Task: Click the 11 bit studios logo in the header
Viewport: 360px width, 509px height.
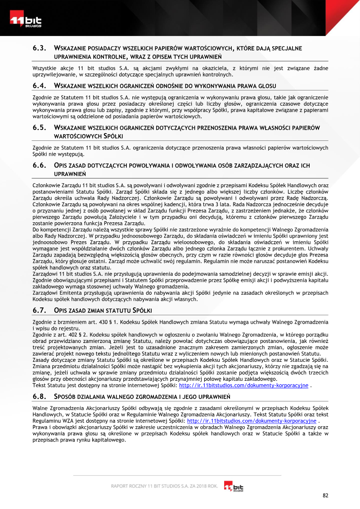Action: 26,20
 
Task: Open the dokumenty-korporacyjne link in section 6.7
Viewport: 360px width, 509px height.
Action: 243,385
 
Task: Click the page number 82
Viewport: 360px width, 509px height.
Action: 325,495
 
